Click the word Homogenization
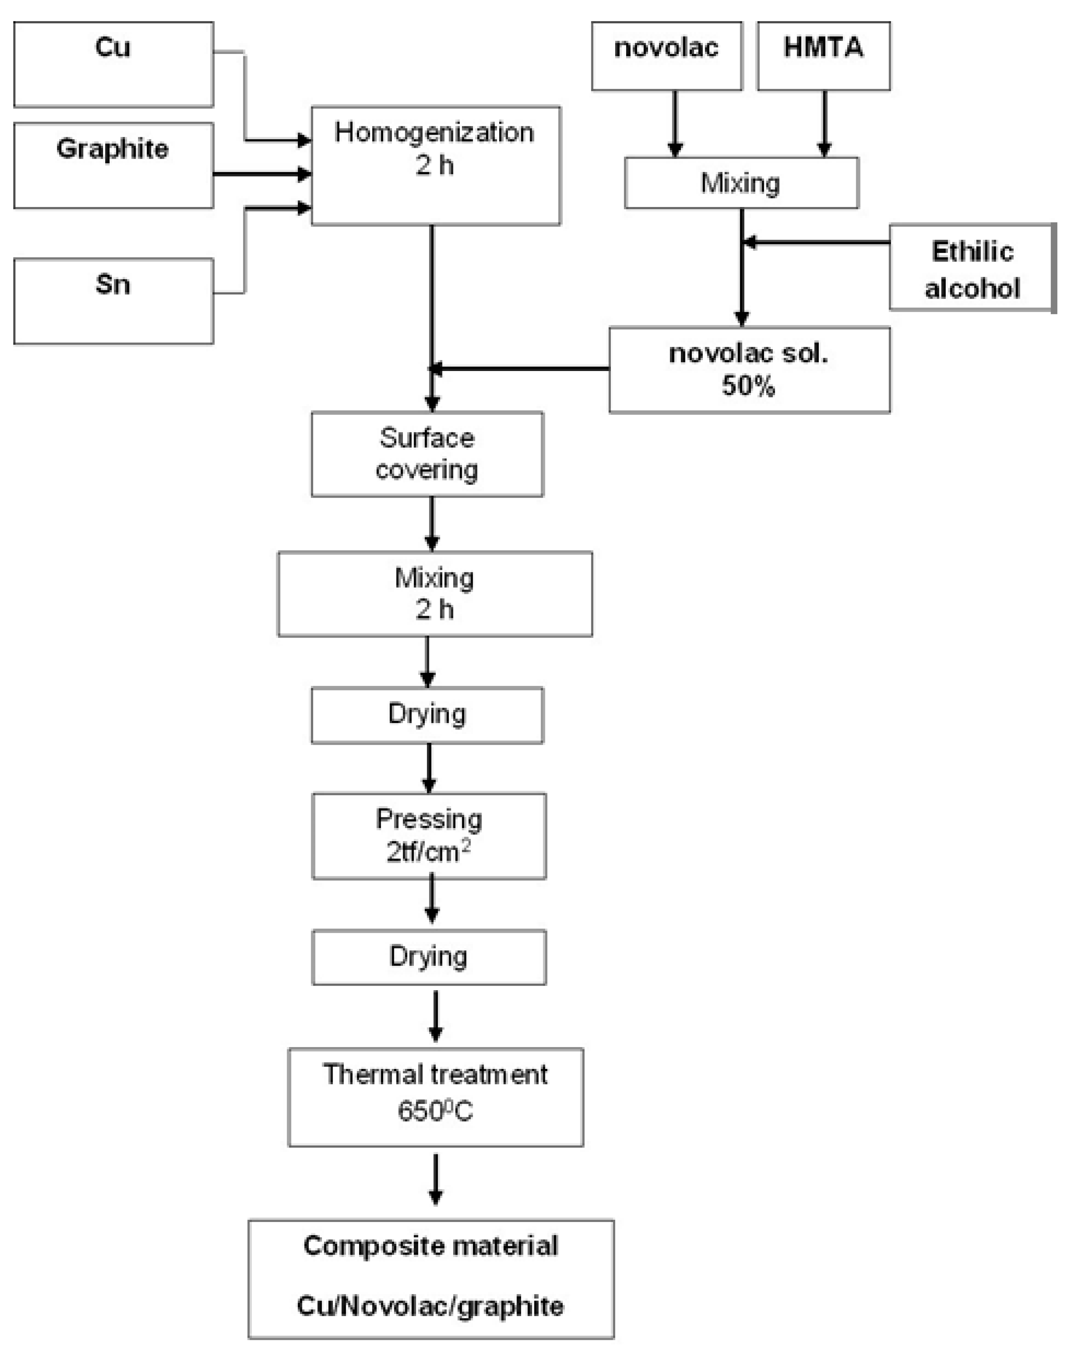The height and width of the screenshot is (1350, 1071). pos(434,132)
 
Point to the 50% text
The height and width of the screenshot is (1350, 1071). pos(748,386)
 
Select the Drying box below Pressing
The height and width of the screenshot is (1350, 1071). pos(428,957)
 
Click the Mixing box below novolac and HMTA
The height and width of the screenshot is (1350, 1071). pos(741,183)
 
